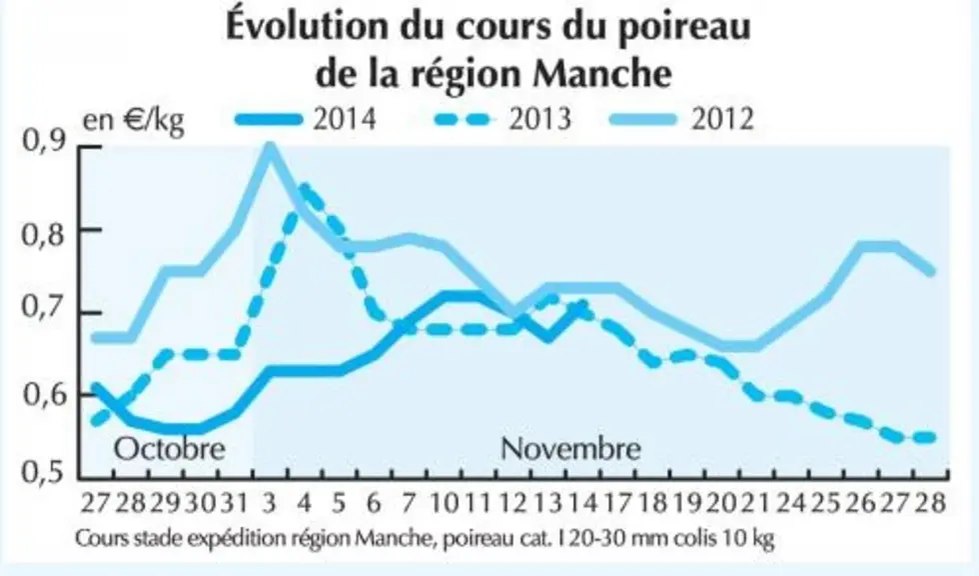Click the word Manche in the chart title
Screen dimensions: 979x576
tap(603, 73)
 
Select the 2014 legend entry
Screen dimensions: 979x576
tap(306, 118)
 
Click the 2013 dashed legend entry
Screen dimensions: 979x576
tap(501, 118)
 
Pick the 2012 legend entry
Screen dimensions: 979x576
tap(683, 118)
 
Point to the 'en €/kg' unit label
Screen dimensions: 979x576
tap(134, 120)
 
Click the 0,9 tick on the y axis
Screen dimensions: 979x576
tap(44, 142)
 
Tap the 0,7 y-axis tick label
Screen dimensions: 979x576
tap(44, 311)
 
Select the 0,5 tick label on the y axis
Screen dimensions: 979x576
tap(44, 472)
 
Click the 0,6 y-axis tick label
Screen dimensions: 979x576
tap(44, 395)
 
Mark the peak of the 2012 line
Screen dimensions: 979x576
tap(270, 146)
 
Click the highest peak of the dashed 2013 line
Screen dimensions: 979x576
tap(304, 186)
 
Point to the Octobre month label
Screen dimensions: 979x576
tap(169, 449)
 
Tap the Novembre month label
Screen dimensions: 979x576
tap(570, 449)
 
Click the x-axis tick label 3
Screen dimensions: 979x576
tap(270, 503)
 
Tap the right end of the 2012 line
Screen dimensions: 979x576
tap(931, 271)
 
